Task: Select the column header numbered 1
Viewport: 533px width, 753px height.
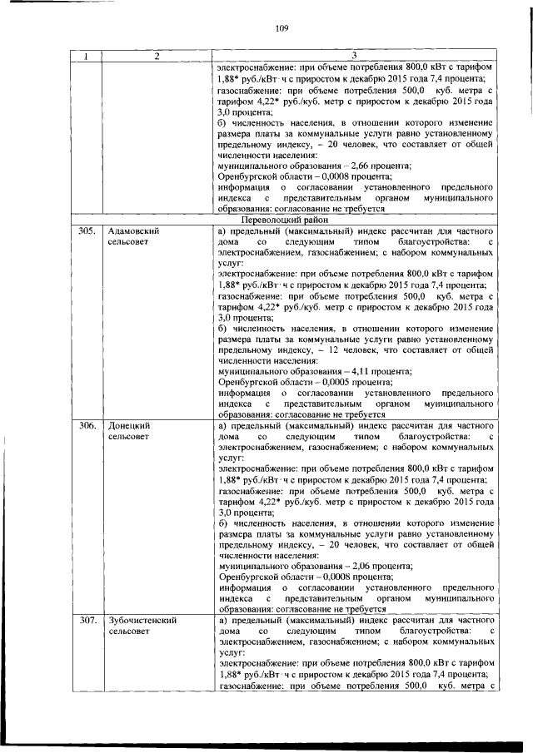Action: point(86,57)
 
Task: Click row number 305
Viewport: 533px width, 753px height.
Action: point(87,230)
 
